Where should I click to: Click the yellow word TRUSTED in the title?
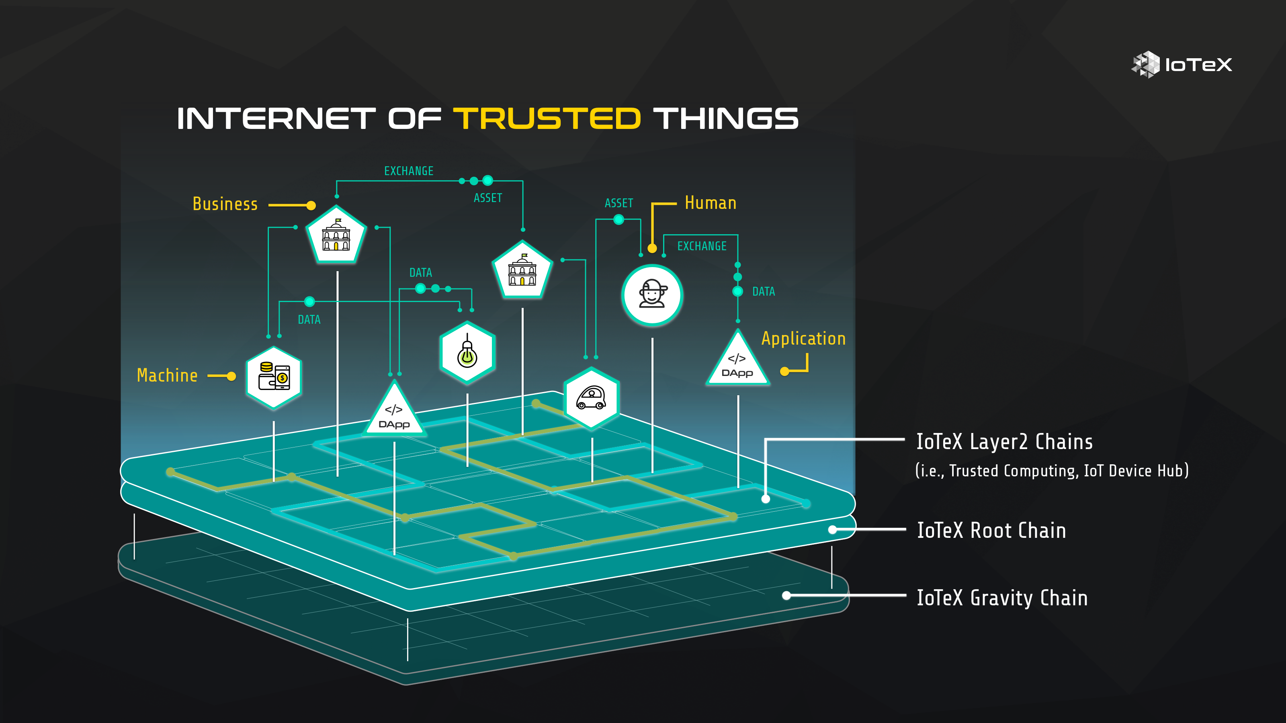tap(547, 119)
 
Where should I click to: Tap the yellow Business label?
tap(225, 204)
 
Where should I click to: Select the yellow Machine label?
tap(167, 375)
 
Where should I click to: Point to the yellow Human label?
tap(711, 203)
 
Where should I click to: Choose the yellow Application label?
tap(803, 339)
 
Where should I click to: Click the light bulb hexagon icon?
tap(467, 352)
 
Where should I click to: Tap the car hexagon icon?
tap(592, 398)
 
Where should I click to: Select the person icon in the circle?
tap(652, 295)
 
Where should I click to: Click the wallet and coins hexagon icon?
tap(274, 377)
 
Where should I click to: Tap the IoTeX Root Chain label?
tap(991, 530)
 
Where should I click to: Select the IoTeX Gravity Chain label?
tap(1002, 598)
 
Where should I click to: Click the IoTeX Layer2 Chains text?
tap(1004, 442)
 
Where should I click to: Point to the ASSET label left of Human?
tap(618, 203)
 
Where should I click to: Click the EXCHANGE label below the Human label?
tap(702, 246)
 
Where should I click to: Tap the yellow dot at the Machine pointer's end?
tap(231, 376)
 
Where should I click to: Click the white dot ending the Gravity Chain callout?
tap(786, 595)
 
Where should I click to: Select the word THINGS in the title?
tap(726, 119)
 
